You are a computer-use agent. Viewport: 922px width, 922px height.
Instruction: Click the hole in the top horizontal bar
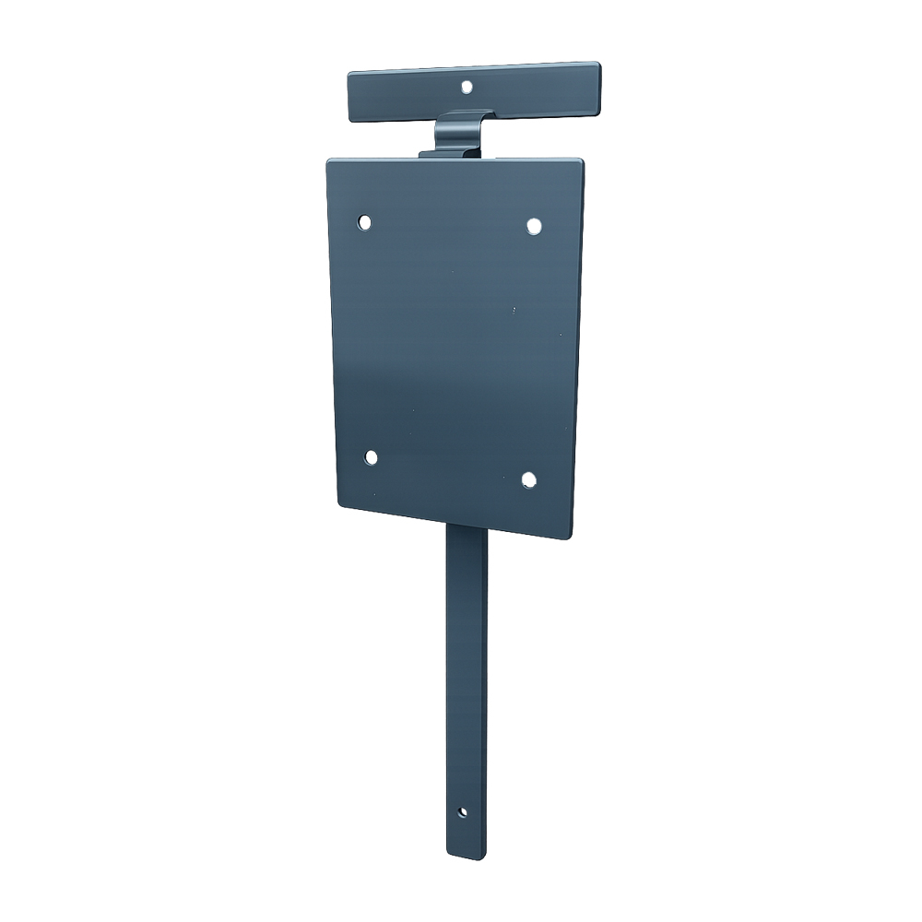pos(467,87)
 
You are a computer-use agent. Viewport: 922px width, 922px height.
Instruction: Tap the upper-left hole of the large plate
pos(365,222)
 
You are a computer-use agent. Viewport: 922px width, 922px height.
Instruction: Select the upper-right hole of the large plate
pos(533,225)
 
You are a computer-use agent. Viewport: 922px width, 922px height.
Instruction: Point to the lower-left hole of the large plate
pos(371,457)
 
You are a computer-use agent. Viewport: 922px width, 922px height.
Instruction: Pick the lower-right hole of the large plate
pos(528,479)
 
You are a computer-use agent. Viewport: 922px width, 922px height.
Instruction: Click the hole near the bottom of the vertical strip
pos(463,812)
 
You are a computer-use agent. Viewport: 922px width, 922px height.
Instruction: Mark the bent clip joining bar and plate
pos(459,134)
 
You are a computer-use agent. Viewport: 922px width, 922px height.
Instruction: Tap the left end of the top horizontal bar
pos(352,97)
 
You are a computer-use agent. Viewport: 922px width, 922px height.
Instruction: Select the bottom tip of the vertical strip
pos(467,857)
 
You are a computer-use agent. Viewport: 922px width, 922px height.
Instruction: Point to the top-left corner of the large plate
pos(330,162)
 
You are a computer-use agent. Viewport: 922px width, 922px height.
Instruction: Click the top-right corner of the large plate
pos(581,162)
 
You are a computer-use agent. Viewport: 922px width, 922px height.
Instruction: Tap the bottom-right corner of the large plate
pos(569,536)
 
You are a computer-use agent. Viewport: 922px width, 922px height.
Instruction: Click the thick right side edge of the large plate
pos(577,350)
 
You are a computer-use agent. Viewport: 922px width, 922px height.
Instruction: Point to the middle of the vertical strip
pos(467,691)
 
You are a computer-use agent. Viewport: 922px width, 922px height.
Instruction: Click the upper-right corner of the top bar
pos(597,65)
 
